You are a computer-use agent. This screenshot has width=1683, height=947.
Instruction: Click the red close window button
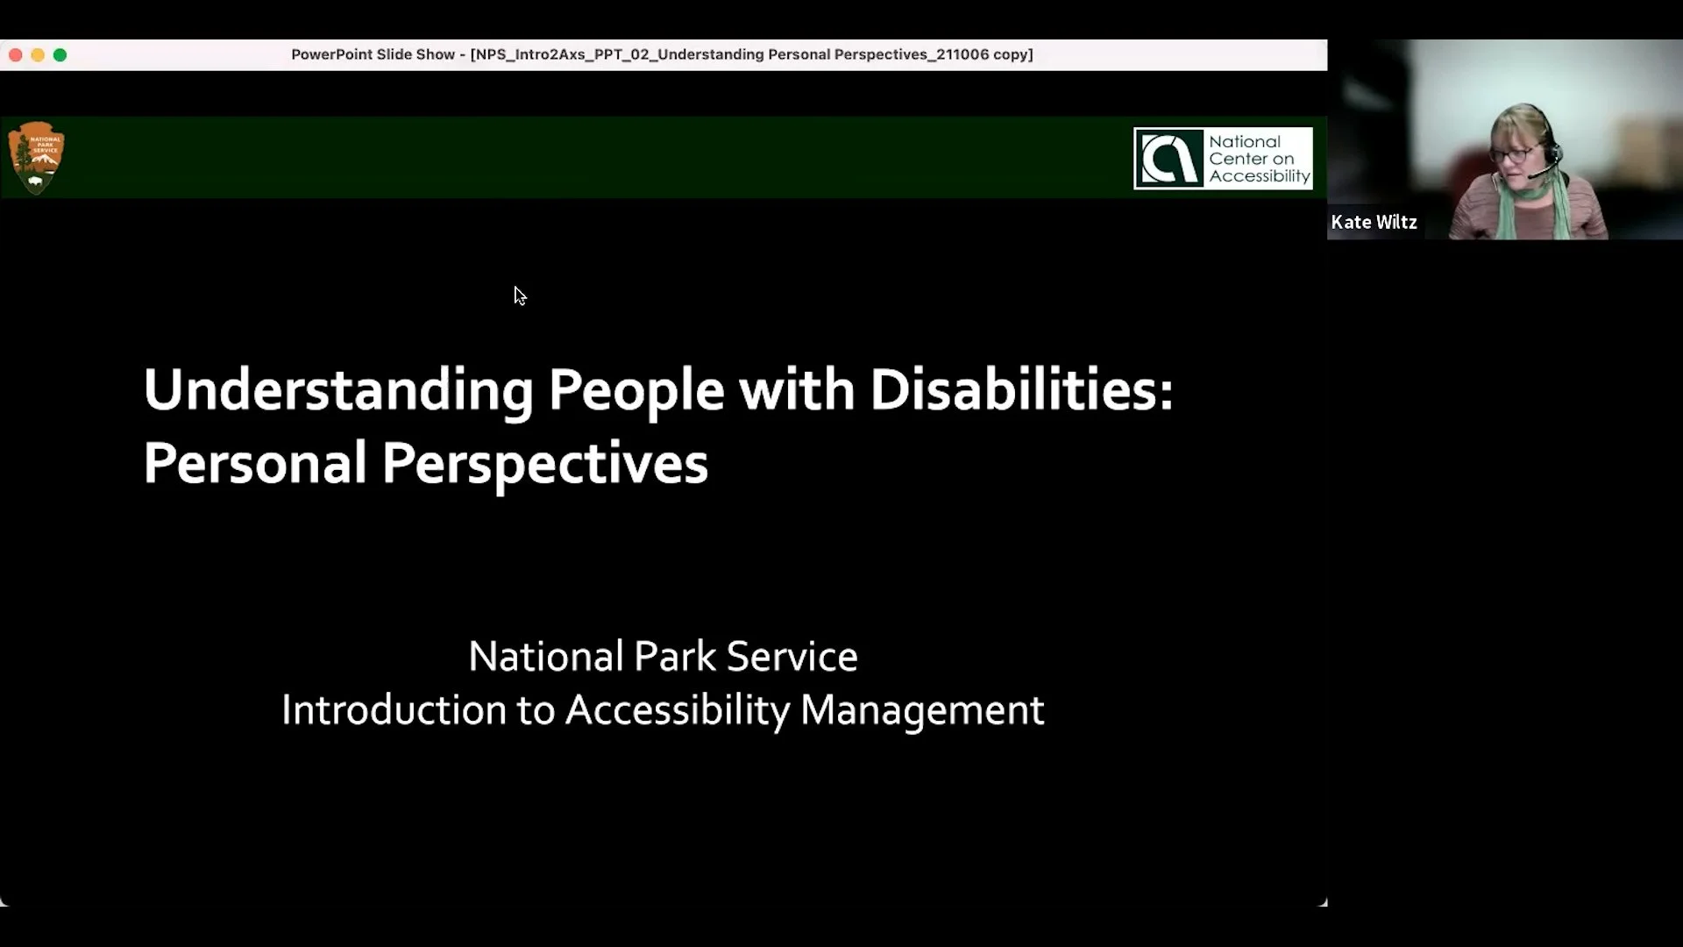[x=16, y=54]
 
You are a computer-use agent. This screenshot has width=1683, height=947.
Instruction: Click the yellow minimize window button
[x=38, y=54]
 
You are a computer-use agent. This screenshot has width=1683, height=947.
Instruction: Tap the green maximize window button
[x=60, y=54]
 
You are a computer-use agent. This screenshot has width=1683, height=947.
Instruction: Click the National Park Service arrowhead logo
[x=36, y=158]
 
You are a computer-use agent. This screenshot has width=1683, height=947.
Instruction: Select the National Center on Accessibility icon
[x=1169, y=159]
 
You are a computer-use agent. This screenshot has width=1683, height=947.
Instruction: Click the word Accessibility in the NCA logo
[x=1259, y=176]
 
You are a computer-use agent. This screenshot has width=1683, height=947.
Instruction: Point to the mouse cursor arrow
[x=519, y=295]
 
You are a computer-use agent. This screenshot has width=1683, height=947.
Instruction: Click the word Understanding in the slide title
[x=337, y=390]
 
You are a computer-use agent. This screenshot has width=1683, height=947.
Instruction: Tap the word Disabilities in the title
[x=1020, y=390]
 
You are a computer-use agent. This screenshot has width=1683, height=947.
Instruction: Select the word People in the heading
[x=636, y=390]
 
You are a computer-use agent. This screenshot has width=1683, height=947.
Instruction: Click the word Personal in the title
[x=254, y=463]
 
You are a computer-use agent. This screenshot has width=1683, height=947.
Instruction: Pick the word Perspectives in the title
[x=544, y=463]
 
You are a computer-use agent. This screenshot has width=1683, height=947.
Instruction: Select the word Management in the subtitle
[x=921, y=710]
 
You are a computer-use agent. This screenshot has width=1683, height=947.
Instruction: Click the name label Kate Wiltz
[x=1374, y=223]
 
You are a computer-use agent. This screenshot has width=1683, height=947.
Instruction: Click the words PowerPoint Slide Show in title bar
[x=373, y=54]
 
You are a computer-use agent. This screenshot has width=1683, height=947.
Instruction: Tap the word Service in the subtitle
[x=792, y=657]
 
